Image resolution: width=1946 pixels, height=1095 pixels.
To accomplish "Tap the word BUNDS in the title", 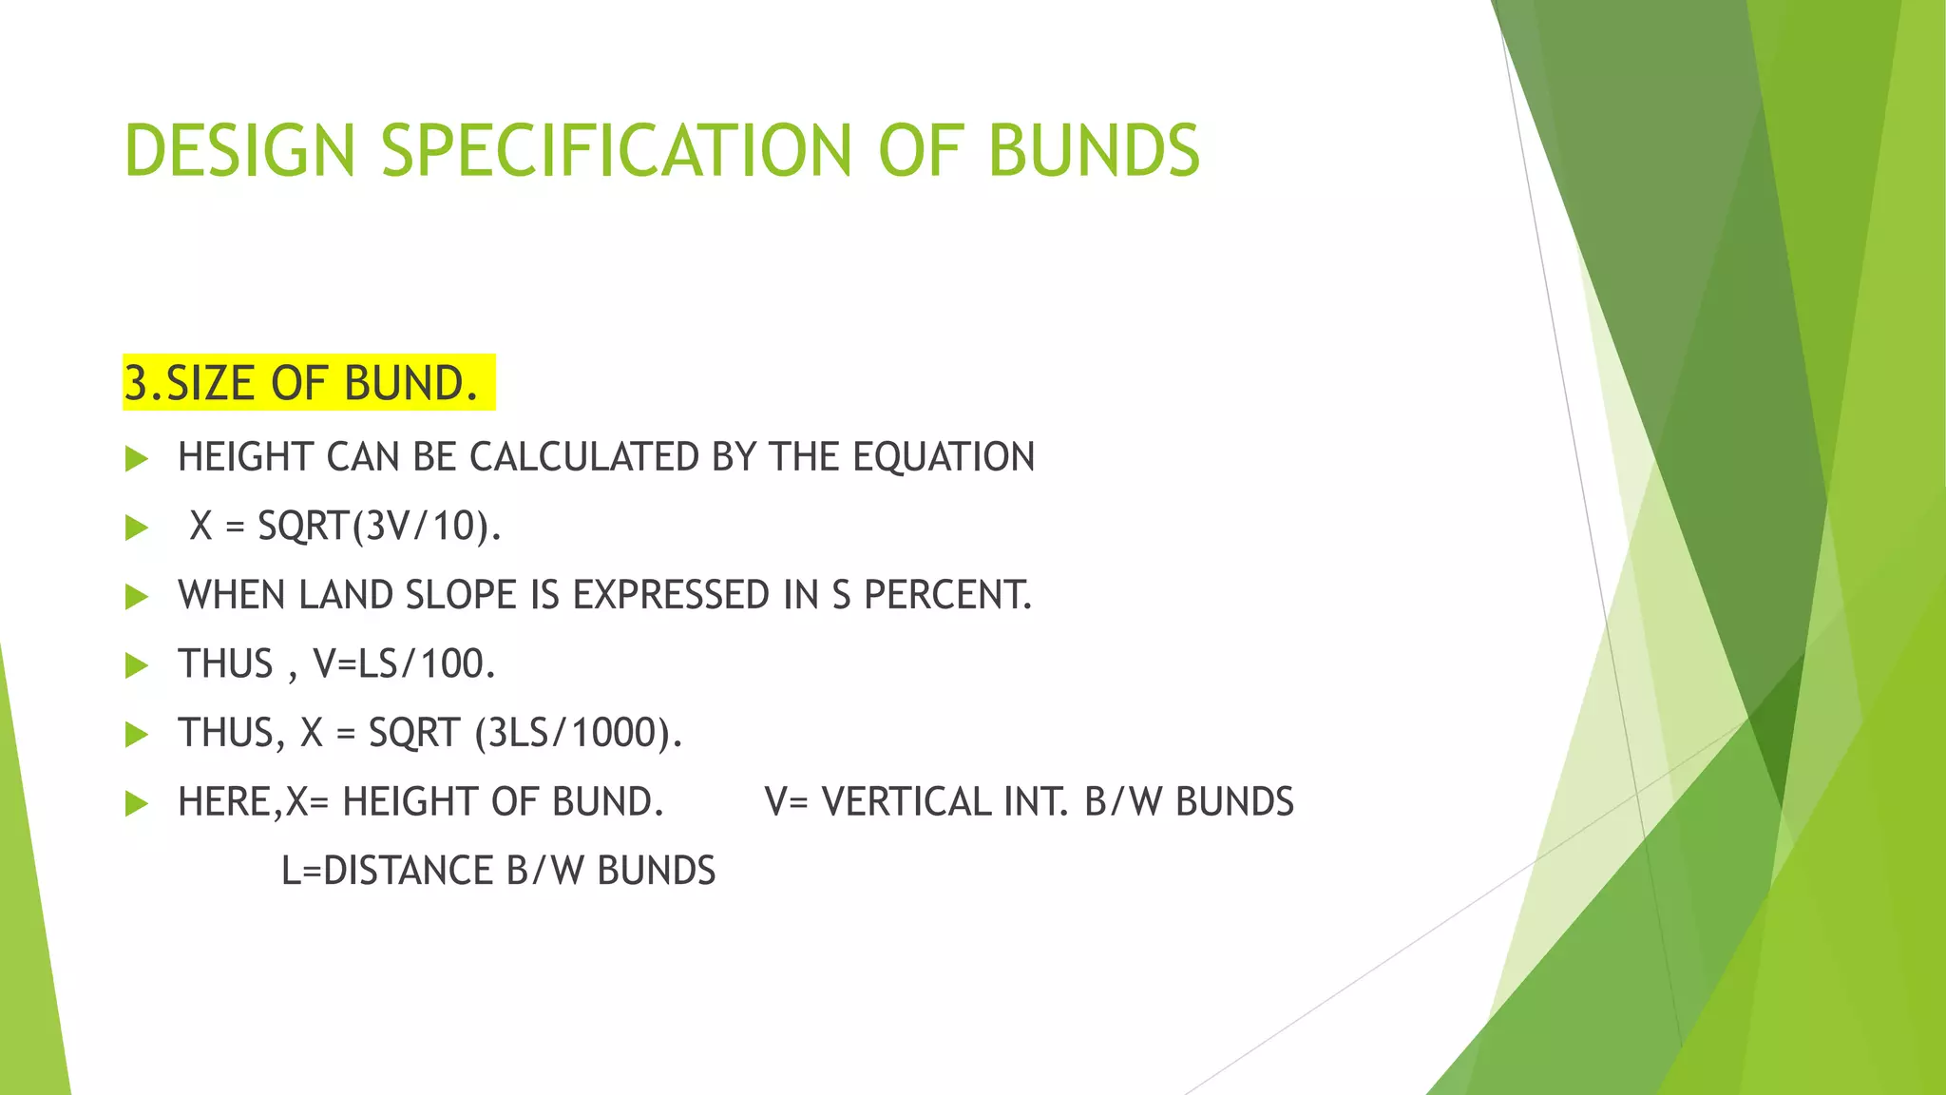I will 1094,150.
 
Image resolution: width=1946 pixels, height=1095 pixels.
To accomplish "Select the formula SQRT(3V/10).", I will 379,526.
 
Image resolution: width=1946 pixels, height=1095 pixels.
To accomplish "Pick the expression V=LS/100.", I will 404,663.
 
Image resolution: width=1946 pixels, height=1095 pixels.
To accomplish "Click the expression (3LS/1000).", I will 579,733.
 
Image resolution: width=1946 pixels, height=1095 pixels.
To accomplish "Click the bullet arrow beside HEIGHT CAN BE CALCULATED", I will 137,459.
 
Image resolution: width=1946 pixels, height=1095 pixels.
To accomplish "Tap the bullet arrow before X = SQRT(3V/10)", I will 137,528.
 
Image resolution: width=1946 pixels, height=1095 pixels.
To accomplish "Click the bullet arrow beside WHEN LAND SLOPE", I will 137,597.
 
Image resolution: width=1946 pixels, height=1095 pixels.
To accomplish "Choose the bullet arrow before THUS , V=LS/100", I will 137,665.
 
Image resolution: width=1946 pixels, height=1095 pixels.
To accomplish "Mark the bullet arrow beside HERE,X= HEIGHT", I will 137,804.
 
